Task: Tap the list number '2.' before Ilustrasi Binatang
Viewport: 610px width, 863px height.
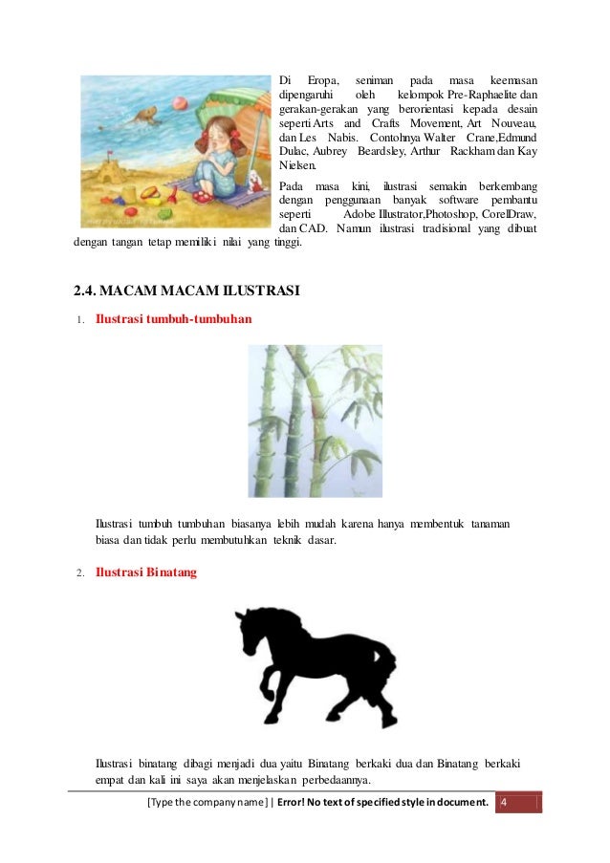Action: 80,573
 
